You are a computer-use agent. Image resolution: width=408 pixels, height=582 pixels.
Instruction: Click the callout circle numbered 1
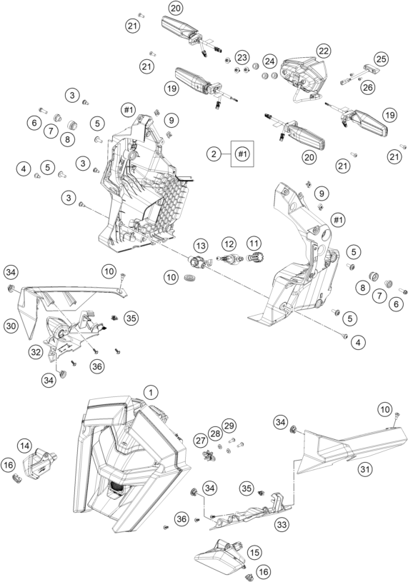151,392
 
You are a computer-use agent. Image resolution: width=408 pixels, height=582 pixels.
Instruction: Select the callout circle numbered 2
214,154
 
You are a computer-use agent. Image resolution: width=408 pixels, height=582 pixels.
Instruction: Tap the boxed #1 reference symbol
242,154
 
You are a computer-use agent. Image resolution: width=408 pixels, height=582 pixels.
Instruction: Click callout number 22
324,51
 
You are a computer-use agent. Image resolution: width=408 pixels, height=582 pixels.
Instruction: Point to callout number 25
381,59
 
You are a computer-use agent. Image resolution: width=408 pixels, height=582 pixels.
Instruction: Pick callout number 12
229,244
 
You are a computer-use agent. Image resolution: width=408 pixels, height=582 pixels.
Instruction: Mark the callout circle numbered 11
254,244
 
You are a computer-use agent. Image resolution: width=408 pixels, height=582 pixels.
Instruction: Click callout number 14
24,446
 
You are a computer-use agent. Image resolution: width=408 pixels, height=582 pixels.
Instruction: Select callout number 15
254,552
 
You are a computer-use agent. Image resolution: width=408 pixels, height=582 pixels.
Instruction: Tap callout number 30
11,326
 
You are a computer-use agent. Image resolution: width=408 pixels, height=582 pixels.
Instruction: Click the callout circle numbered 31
365,470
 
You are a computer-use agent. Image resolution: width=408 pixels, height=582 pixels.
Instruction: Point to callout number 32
36,352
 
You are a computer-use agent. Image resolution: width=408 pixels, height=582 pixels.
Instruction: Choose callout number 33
282,524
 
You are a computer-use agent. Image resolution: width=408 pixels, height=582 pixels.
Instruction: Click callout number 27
201,441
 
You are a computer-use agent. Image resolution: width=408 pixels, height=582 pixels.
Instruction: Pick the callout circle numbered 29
229,426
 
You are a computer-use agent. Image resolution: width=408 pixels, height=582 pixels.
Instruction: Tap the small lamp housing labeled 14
39,461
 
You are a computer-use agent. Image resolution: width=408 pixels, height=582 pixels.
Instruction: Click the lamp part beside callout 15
219,555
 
